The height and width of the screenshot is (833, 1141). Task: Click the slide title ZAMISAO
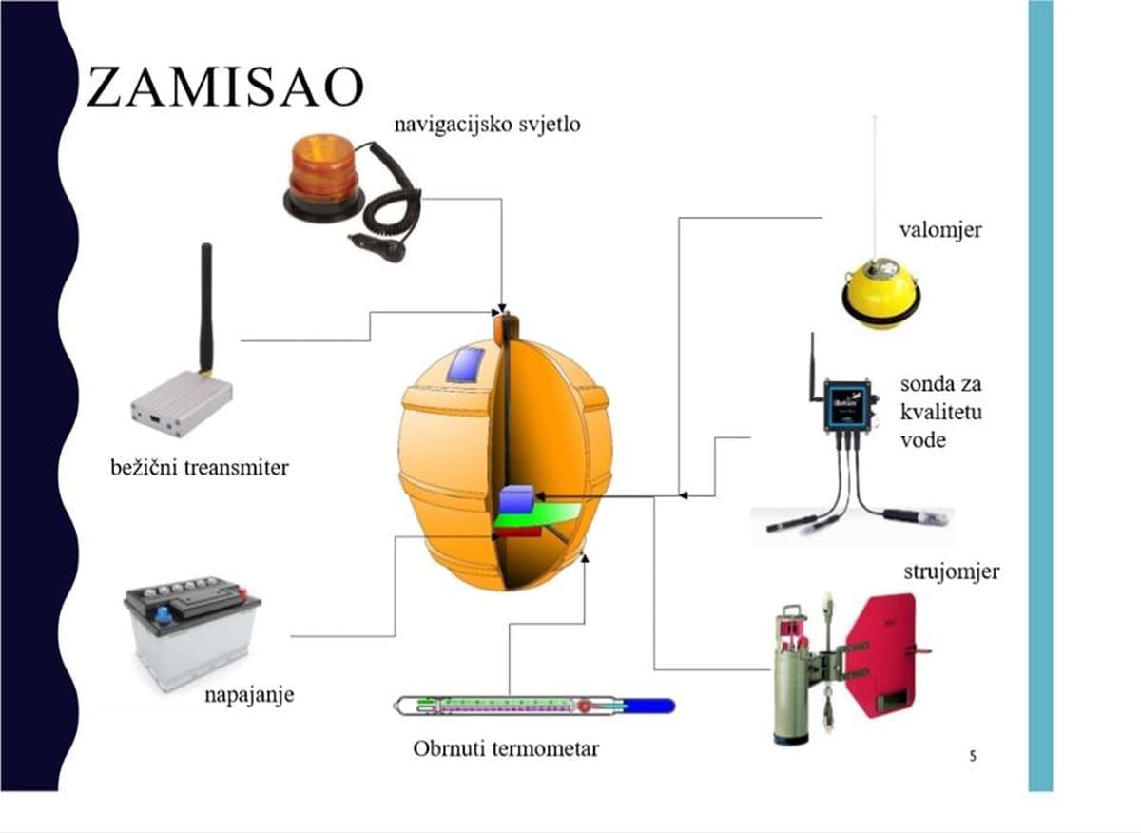coord(224,87)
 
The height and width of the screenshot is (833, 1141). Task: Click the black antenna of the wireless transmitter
coord(205,304)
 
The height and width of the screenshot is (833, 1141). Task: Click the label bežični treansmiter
coord(199,468)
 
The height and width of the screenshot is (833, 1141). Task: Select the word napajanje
coord(249,694)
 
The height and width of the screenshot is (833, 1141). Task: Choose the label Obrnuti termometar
coord(506,748)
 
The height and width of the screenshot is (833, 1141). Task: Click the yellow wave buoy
coord(880,296)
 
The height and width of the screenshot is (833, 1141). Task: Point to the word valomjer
coord(940,229)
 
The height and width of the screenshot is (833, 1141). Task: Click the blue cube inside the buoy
coord(517,499)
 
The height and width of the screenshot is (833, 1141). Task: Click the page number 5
coord(972,756)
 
